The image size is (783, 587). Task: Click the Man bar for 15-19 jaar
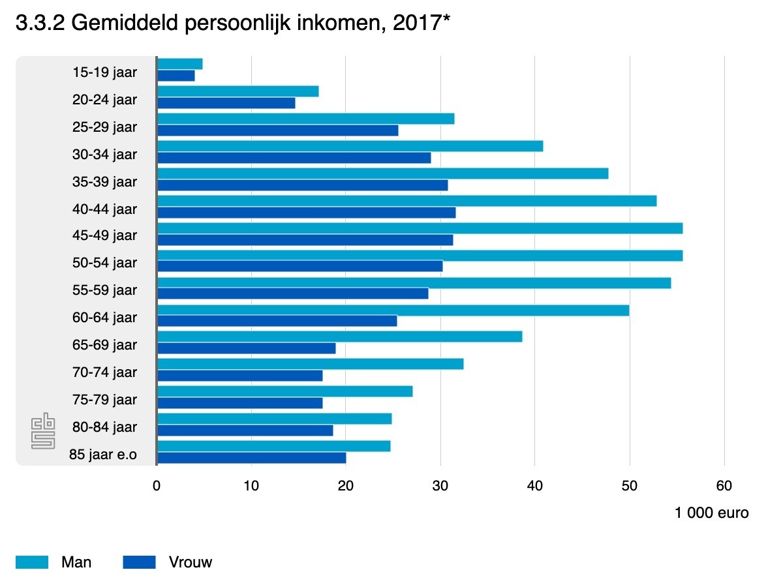180,64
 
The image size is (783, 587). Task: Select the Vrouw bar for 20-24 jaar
226,103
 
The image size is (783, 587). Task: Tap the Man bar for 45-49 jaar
420,228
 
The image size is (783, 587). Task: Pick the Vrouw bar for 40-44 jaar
307,213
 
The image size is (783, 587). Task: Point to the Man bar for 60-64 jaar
393,310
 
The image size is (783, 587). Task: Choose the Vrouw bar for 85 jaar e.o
252,458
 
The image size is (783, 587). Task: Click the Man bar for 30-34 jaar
350,146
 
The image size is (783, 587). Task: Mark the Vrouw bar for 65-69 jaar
247,348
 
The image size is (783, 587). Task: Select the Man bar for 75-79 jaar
284,391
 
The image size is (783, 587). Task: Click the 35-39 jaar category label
105,181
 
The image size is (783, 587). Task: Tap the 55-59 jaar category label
105,290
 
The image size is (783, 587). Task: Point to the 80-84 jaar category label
105,427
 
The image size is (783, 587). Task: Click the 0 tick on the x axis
157,486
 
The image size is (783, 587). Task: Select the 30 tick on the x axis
440,486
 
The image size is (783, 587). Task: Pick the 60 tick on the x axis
724,486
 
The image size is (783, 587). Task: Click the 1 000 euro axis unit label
711,513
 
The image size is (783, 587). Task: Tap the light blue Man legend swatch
32,562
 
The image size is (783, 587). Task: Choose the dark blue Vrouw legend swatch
139,562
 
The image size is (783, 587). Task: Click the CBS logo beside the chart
43,430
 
